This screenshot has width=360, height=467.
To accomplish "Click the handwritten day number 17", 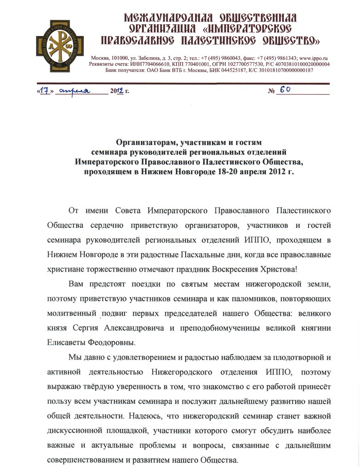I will [x=45, y=91].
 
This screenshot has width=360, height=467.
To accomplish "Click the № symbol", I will [x=272, y=92].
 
